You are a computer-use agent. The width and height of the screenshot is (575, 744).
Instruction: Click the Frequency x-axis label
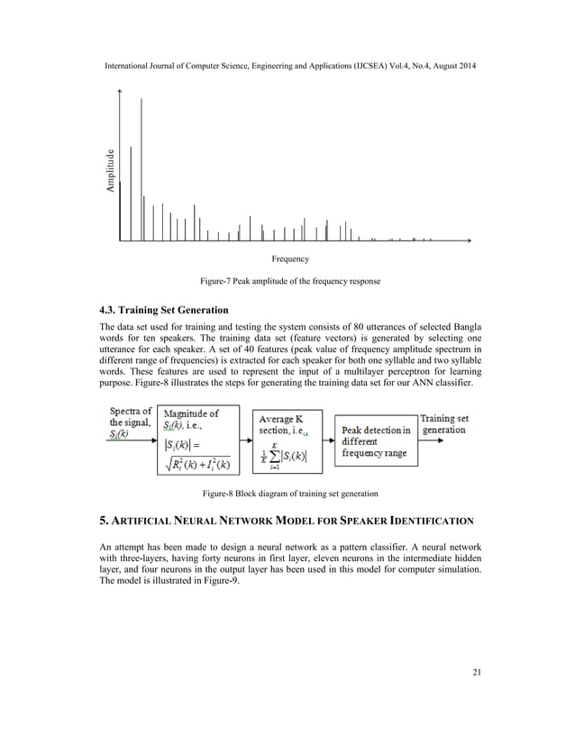(290, 259)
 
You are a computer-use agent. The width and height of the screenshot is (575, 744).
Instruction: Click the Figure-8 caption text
(289, 494)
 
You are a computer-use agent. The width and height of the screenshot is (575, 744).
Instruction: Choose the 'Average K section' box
(287, 442)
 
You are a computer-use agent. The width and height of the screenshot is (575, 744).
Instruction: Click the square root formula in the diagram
(198, 465)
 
